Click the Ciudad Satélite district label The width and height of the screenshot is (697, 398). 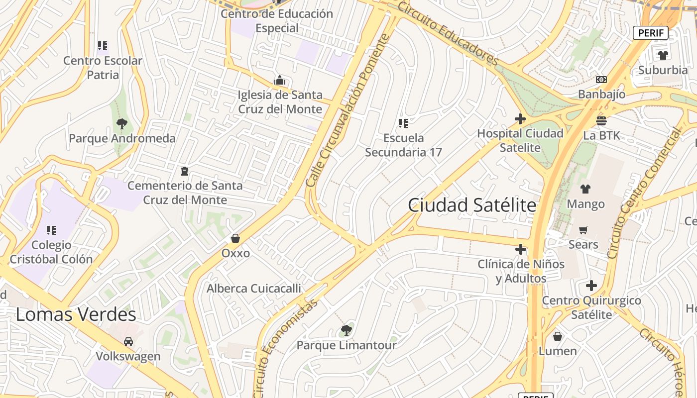pyautogui.click(x=472, y=205)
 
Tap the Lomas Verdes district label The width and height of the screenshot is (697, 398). pyautogui.click(x=76, y=314)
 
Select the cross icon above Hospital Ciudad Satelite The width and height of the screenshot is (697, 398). pyautogui.click(x=520, y=119)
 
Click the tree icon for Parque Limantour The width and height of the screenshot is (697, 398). pyautogui.click(x=347, y=329)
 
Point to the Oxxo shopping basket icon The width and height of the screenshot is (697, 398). pyautogui.click(x=235, y=238)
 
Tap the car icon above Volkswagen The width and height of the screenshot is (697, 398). pyautogui.click(x=128, y=342)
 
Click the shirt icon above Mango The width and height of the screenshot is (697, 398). pyautogui.click(x=585, y=189)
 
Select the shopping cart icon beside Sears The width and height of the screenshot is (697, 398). pyautogui.click(x=583, y=230)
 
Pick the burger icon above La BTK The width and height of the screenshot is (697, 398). pyautogui.click(x=601, y=120)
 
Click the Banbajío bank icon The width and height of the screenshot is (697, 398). pyautogui.click(x=601, y=80)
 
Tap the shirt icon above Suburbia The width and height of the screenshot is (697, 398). pyautogui.click(x=663, y=55)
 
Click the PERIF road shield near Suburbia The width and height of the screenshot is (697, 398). pyautogui.click(x=650, y=33)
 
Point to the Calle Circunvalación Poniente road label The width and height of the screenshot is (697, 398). pyautogui.click(x=348, y=110)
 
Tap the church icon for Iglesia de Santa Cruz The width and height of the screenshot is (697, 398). pyautogui.click(x=280, y=80)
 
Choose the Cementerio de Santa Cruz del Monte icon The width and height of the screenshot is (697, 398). pyautogui.click(x=185, y=171)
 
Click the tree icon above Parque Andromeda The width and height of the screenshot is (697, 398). pyautogui.click(x=122, y=123)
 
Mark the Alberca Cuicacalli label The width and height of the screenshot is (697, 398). pyautogui.click(x=254, y=289)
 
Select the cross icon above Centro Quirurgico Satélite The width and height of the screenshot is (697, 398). pyautogui.click(x=591, y=286)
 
